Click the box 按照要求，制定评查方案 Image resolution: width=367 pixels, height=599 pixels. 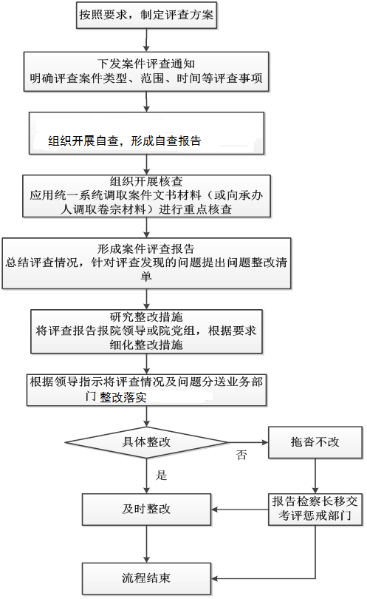[146, 15]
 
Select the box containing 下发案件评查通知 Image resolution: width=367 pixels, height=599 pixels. [146, 72]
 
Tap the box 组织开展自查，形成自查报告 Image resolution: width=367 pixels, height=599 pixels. [146, 133]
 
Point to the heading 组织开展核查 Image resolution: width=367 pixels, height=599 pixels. [146, 181]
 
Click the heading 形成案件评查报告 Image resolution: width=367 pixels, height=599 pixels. [146, 249]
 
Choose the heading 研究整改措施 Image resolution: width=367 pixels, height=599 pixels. [146, 317]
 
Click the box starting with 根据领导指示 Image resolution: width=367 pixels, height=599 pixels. [146, 390]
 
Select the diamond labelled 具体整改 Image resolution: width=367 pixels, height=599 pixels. [146, 442]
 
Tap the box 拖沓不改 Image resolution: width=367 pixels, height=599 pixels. [315, 442]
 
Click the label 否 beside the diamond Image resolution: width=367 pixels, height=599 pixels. [241, 455]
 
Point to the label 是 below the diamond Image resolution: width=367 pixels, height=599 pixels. [162, 475]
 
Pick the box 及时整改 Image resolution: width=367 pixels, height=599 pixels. [146, 510]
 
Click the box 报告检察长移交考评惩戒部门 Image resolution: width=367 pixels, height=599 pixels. [315, 510]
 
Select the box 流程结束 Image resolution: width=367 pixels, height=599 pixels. [146, 578]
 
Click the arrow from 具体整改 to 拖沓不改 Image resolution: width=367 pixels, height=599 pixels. [248, 442]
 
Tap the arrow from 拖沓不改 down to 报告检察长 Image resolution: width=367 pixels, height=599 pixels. [315, 476]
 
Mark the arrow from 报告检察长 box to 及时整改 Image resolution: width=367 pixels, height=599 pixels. [240, 510]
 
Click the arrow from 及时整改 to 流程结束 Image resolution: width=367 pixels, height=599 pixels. [146, 544]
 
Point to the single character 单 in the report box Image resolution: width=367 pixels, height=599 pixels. [146, 276]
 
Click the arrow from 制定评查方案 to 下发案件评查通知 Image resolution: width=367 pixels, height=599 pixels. [146, 40]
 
